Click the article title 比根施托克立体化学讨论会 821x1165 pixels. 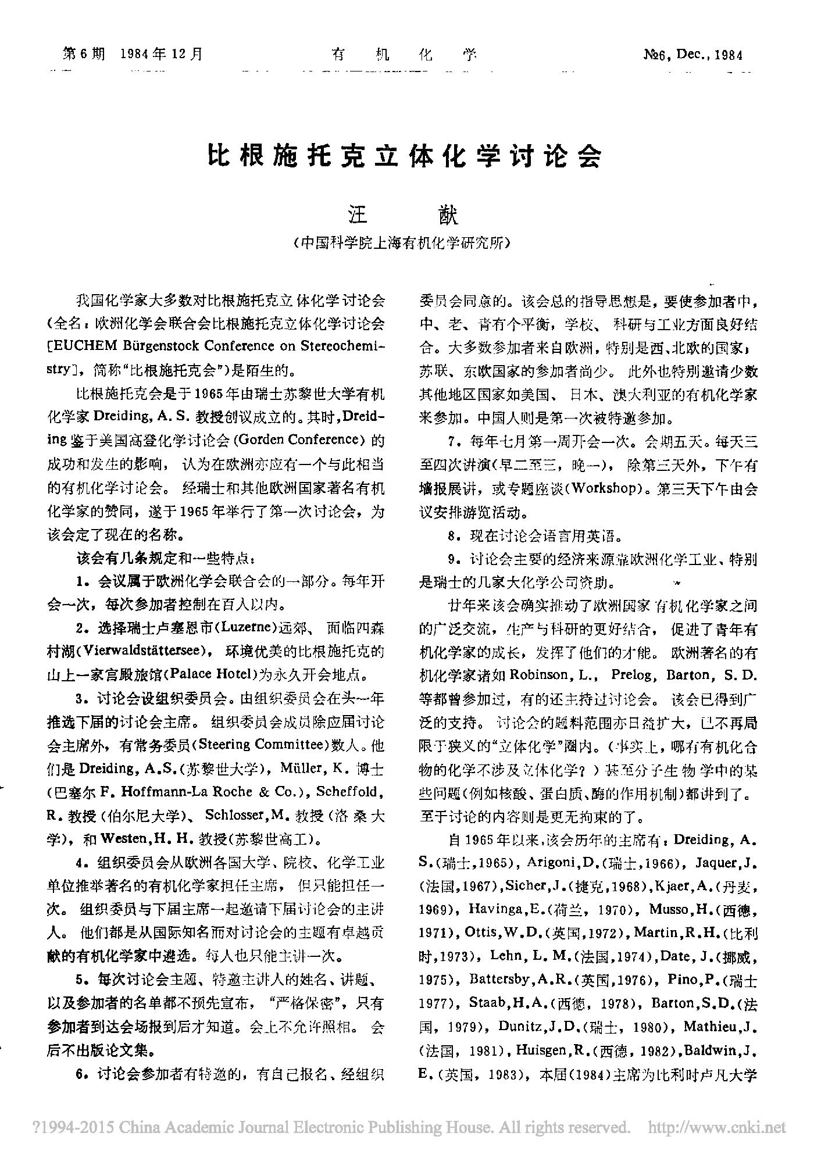[405, 156]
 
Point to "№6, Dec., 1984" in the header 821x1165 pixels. [693, 55]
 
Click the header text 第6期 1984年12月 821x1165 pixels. [133, 55]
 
